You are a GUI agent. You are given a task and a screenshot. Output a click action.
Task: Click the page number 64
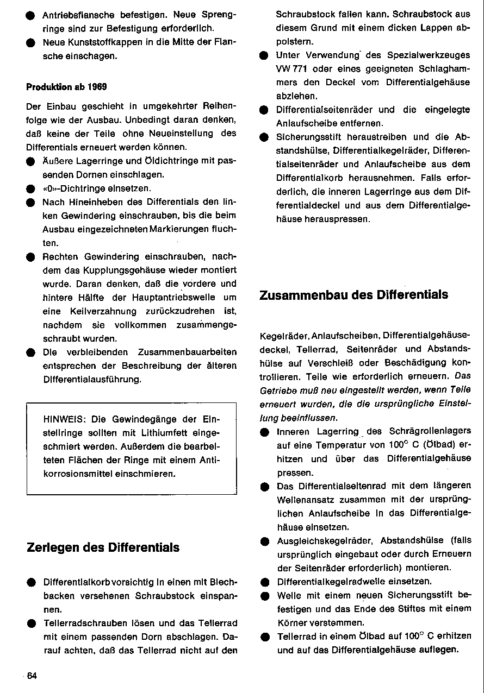[32, 676]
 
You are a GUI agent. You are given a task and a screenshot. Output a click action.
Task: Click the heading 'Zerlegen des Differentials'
[103, 547]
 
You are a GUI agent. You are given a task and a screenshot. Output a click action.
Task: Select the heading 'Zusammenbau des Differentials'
[353, 295]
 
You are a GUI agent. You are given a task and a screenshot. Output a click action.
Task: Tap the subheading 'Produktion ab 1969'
[66, 86]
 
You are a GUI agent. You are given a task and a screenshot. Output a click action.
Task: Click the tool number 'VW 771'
[291, 69]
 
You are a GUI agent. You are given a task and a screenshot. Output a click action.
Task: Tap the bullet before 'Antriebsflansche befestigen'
[30, 15]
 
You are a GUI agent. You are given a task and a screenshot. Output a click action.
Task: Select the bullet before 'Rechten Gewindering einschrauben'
[30, 256]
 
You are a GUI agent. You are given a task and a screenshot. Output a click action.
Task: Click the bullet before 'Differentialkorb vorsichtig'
[30, 582]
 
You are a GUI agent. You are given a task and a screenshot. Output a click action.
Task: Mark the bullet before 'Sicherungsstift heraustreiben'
[264, 137]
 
